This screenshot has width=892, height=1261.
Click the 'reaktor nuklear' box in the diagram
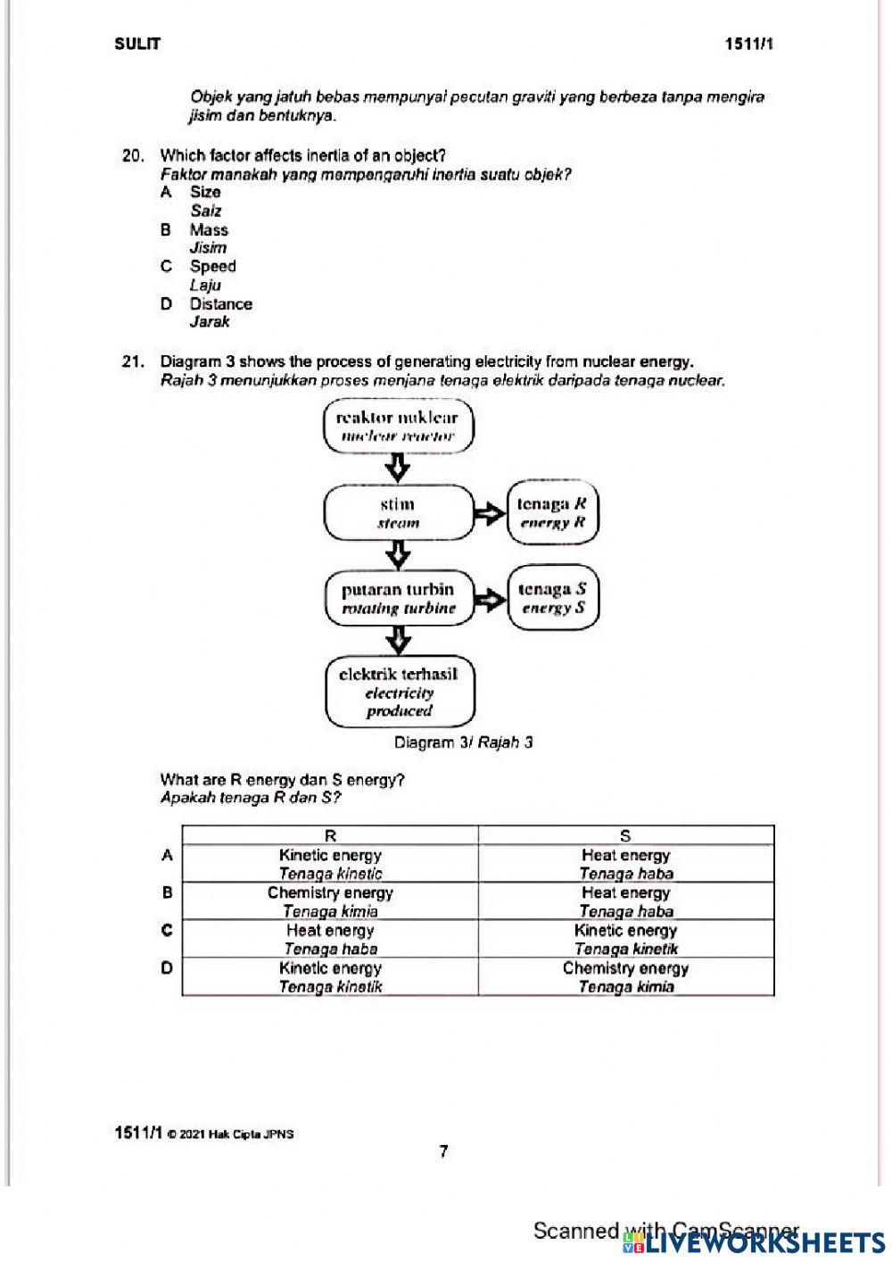(x=398, y=426)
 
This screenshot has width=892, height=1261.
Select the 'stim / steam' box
(x=398, y=513)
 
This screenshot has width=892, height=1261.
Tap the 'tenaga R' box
(x=552, y=513)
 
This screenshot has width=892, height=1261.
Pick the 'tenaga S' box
(x=552, y=599)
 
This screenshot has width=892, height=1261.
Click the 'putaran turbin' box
(x=398, y=599)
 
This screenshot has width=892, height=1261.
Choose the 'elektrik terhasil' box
(x=399, y=693)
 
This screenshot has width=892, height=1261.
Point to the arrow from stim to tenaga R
(x=489, y=513)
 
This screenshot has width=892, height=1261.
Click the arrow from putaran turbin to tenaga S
(x=489, y=599)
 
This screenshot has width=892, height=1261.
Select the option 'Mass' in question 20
(x=209, y=229)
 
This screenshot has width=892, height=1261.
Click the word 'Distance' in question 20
(x=220, y=303)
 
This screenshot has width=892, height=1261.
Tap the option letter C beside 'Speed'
(x=166, y=266)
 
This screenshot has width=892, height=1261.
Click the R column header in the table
(x=330, y=835)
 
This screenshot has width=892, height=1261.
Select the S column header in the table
(x=625, y=835)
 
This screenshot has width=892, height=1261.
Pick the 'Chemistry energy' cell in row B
(x=330, y=900)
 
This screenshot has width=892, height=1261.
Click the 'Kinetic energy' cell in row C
(x=625, y=939)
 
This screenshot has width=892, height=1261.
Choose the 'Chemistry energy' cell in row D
(x=625, y=976)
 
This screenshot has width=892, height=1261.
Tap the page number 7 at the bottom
(x=444, y=1152)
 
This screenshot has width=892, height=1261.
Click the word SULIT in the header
(x=137, y=44)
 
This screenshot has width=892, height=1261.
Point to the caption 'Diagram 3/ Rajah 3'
(x=463, y=742)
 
